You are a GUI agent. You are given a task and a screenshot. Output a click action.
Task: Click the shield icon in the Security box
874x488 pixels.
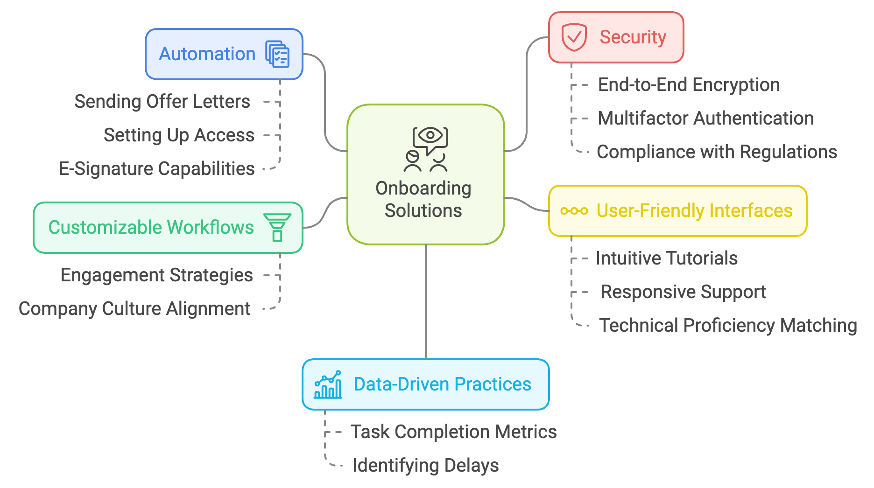click(574, 37)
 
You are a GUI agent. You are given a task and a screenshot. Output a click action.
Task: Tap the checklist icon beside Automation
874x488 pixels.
click(277, 54)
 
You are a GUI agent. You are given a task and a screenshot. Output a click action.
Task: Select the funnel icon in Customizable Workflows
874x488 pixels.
click(277, 227)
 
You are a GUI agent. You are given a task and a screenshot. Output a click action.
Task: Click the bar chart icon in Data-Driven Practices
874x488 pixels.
click(328, 384)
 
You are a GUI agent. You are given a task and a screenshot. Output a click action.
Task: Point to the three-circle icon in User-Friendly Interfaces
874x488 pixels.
click(574, 211)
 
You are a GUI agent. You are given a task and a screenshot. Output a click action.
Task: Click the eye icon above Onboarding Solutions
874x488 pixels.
click(430, 136)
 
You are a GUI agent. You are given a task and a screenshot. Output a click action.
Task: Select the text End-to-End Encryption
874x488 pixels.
click(689, 85)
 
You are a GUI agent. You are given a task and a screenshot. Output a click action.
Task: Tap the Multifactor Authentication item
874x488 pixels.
click(705, 119)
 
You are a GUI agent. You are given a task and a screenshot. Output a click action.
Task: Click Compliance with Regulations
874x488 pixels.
click(717, 152)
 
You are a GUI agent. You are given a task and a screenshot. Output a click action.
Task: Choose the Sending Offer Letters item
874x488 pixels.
click(162, 102)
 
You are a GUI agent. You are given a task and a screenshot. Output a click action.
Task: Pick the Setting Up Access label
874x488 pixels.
click(179, 135)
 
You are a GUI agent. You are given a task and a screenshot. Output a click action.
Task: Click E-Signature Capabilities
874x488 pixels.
click(156, 169)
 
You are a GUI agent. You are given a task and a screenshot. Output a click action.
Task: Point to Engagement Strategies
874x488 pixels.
click(156, 275)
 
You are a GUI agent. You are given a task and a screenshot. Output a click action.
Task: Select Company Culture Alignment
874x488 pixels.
click(134, 309)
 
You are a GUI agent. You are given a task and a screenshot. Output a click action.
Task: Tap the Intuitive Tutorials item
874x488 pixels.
click(666, 258)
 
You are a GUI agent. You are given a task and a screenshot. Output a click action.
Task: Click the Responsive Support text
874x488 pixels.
click(683, 292)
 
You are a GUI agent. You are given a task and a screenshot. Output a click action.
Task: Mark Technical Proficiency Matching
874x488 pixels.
click(728, 326)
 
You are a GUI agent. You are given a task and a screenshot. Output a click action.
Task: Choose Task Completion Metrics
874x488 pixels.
click(453, 432)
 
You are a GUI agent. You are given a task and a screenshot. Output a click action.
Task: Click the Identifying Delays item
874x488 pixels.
click(425, 466)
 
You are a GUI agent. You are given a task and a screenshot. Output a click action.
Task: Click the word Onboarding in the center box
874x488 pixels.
click(423, 188)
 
